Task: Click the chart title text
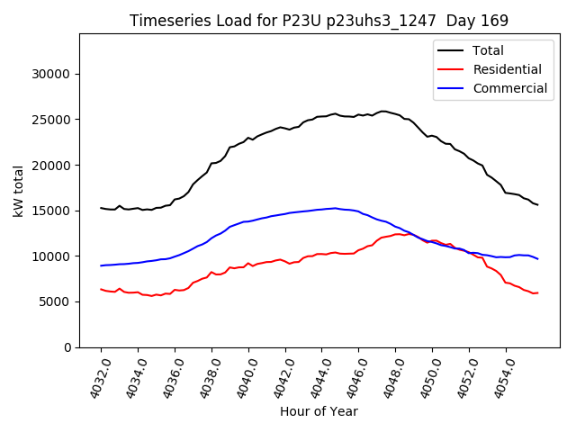click(319, 21)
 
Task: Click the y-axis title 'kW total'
click(19, 191)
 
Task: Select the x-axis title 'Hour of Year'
click(319, 411)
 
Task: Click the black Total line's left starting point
click(101, 208)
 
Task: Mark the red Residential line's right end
click(537, 292)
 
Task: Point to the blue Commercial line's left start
click(101, 265)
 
